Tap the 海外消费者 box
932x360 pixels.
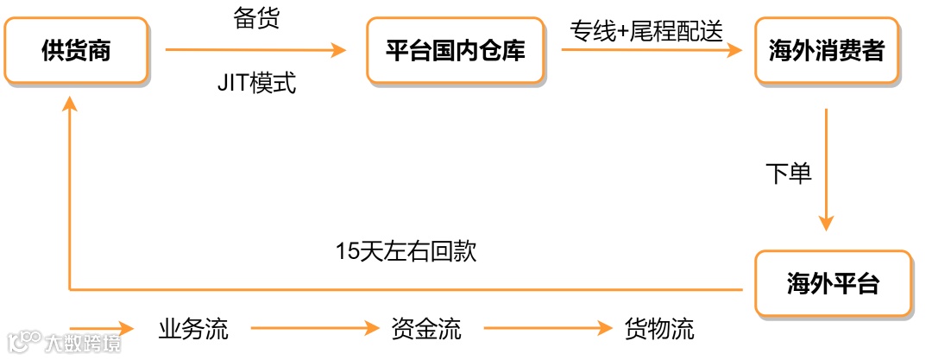826,51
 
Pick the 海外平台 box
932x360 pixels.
833,283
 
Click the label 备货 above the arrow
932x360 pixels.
256,18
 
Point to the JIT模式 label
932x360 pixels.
256,85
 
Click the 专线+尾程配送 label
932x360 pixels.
645,30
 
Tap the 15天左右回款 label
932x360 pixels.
406,252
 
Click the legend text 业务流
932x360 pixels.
193,329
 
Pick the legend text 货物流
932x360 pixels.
659,329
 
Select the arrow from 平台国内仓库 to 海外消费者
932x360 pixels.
652,51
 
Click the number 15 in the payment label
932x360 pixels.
346,252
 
